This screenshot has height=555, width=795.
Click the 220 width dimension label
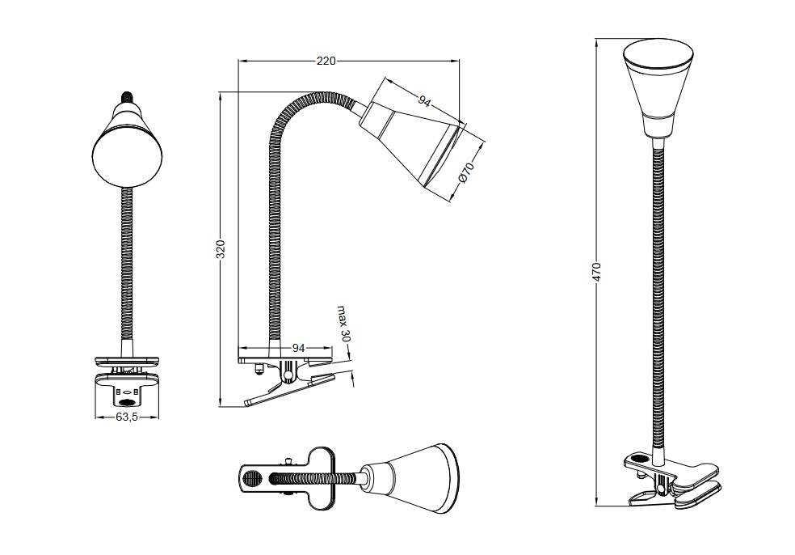327,60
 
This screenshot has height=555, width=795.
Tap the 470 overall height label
597,272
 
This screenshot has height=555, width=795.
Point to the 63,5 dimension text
127,418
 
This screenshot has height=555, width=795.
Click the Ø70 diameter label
465,174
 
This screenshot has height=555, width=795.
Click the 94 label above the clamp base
298,347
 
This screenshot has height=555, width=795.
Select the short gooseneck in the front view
126,267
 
